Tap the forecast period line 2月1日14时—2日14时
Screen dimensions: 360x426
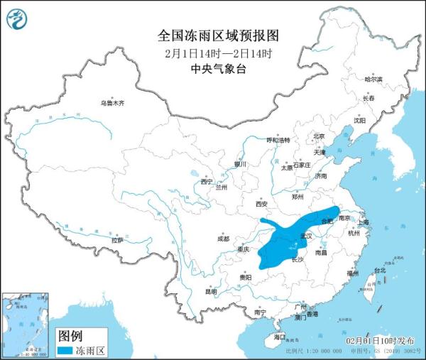click(x=213, y=53)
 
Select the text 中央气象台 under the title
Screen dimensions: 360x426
click(x=213, y=69)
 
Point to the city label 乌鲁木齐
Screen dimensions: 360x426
click(x=111, y=103)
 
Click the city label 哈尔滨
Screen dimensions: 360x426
click(x=373, y=80)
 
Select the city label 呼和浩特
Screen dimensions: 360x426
click(x=278, y=141)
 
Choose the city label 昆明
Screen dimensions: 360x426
click(x=211, y=291)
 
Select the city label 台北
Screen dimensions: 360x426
click(x=378, y=270)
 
